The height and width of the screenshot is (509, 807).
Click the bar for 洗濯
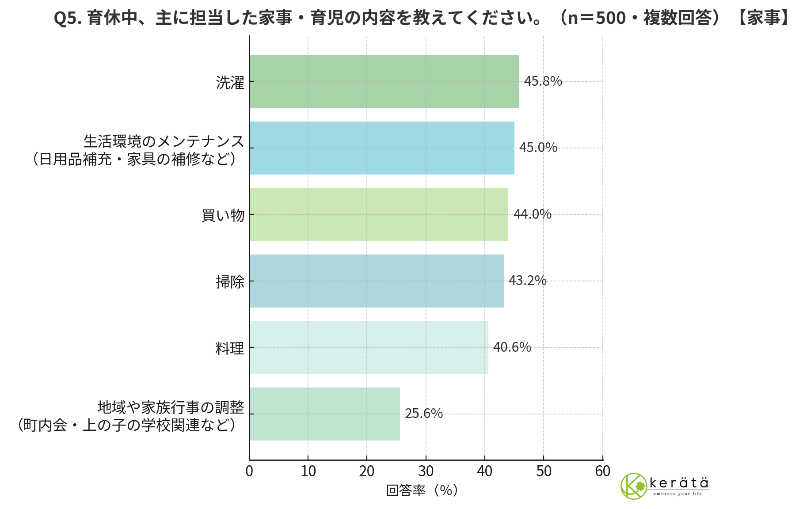pyautogui.click(x=384, y=81)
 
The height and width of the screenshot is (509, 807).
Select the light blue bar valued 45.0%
pyautogui.click(x=381, y=148)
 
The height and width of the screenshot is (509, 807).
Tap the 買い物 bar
pyautogui.click(x=378, y=214)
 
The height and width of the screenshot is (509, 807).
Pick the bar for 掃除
pyautogui.click(x=376, y=281)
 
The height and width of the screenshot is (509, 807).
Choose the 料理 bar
pyautogui.click(x=369, y=347)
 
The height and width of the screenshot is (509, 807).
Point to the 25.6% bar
pyautogui.click(x=324, y=414)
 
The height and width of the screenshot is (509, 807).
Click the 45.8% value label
pyautogui.click(x=543, y=81)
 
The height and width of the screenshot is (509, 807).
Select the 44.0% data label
pyautogui.click(x=532, y=214)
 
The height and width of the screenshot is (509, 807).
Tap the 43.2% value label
pyautogui.click(x=527, y=281)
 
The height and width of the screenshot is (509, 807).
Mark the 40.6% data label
pyautogui.click(x=512, y=347)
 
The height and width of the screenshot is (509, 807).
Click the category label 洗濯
pyautogui.click(x=230, y=83)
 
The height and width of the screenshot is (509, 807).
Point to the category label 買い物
pyautogui.click(x=223, y=216)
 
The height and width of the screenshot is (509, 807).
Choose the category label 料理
pyautogui.click(x=230, y=349)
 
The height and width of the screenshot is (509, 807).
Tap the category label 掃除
pyautogui.click(x=230, y=282)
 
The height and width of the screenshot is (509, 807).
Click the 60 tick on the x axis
pyautogui.click(x=602, y=471)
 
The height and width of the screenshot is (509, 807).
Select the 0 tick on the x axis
pyautogui.click(x=249, y=471)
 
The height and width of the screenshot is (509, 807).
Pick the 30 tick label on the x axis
pyautogui.click(x=426, y=471)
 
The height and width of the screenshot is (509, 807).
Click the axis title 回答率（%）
pyautogui.click(x=422, y=490)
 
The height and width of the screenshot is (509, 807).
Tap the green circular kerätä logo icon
pyautogui.click(x=634, y=486)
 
